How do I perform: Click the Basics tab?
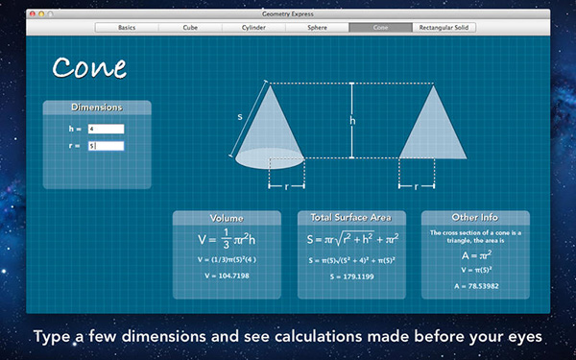(x=128, y=28)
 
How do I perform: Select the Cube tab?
(x=190, y=28)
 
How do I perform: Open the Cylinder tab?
(x=252, y=28)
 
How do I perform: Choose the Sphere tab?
(x=316, y=28)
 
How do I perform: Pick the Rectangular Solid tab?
(x=444, y=28)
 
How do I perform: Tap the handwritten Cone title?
(x=89, y=67)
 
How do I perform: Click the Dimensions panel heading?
(x=96, y=108)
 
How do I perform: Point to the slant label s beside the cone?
(x=240, y=117)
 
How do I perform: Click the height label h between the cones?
(x=352, y=121)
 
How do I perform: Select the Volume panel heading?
(x=227, y=218)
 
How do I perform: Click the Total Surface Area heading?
(x=351, y=218)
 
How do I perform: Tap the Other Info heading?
(x=475, y=218)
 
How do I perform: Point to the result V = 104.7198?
(x=227, y=276)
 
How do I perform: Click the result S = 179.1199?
(x=351, y=276)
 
